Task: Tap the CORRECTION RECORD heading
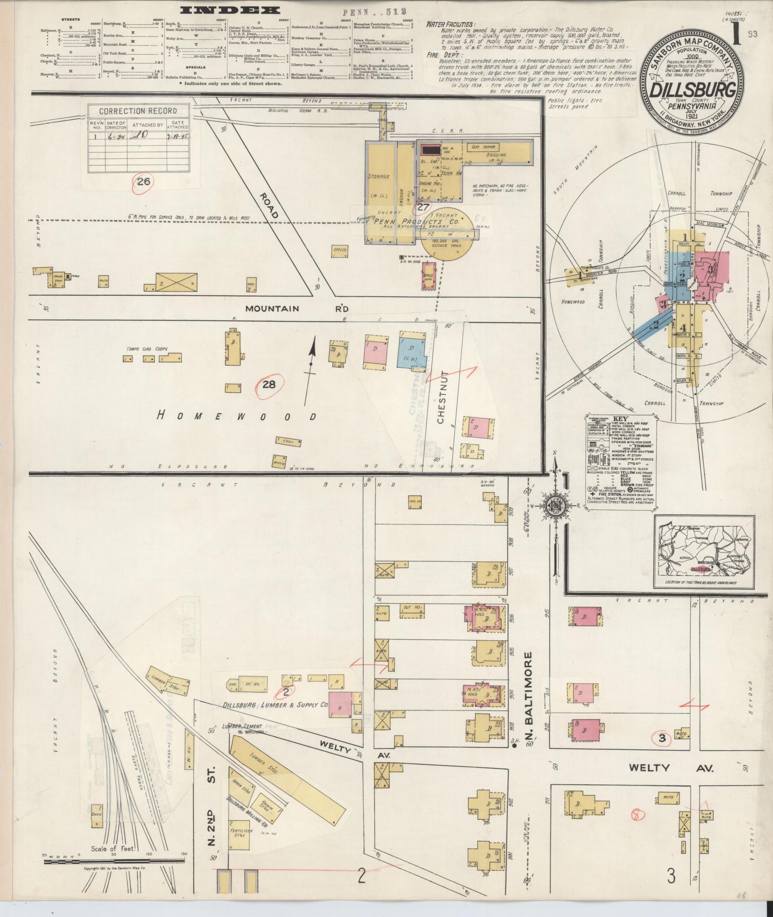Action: [138, 111]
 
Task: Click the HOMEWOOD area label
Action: [237, 416]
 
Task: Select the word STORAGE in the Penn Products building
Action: [378, 176]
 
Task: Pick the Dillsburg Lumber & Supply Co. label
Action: [275, 705]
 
